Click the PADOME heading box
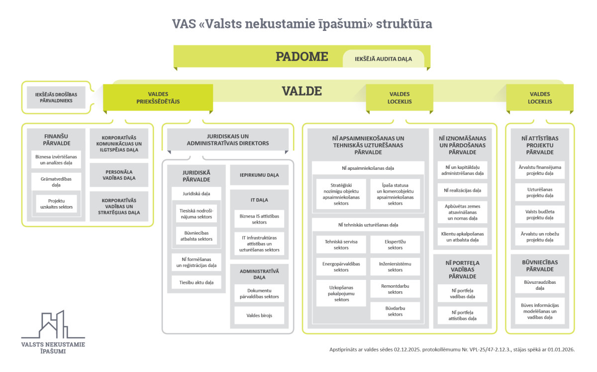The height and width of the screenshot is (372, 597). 301,56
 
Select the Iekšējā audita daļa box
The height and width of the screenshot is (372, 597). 383,59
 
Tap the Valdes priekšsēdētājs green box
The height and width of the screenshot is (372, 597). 158,98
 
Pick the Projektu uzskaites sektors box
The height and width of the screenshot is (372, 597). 56,204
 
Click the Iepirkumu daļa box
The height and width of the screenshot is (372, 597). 259,175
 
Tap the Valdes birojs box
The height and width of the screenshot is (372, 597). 259,315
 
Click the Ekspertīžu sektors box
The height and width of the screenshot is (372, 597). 395,245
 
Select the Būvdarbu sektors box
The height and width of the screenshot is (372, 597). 395,311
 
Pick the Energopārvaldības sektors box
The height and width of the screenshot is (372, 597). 341,266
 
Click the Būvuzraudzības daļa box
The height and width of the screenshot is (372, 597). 540,285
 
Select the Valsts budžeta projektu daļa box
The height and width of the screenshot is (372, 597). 540,215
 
